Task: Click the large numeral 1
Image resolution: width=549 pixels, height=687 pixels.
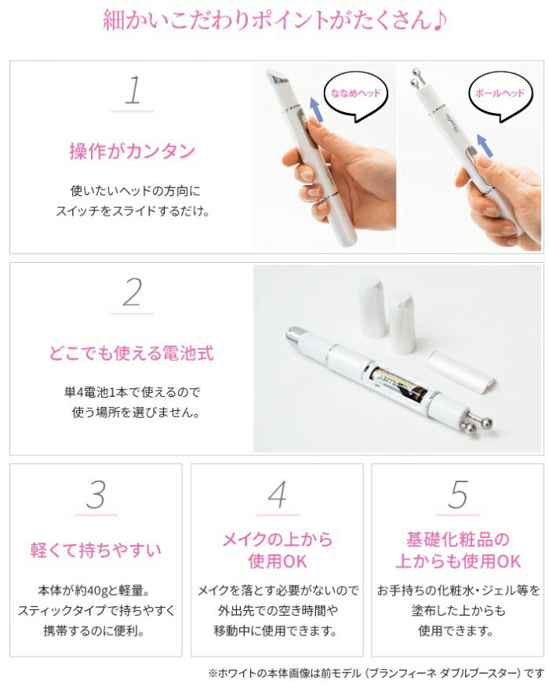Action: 133,90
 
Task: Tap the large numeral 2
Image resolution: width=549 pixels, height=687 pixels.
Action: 133,293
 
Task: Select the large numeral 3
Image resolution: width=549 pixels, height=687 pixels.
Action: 96,495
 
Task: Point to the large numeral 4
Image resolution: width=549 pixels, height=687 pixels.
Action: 277,495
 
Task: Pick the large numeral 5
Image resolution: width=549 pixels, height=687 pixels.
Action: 458,495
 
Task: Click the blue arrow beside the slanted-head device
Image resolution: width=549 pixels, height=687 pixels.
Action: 316,110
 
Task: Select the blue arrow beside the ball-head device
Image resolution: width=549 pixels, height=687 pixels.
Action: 484,145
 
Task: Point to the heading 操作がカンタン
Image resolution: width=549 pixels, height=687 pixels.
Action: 132,151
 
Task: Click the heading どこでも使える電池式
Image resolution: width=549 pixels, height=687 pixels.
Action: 132,353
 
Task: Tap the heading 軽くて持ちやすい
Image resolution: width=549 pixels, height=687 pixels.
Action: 96,550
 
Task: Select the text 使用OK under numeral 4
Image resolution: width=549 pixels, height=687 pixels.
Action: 278,562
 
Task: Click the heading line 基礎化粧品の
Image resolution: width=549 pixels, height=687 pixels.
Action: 458,540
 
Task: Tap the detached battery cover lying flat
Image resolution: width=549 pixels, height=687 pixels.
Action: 460,371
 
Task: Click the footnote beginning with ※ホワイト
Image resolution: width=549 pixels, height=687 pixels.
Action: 376,673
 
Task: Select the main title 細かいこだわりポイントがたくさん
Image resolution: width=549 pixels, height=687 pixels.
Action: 274,20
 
